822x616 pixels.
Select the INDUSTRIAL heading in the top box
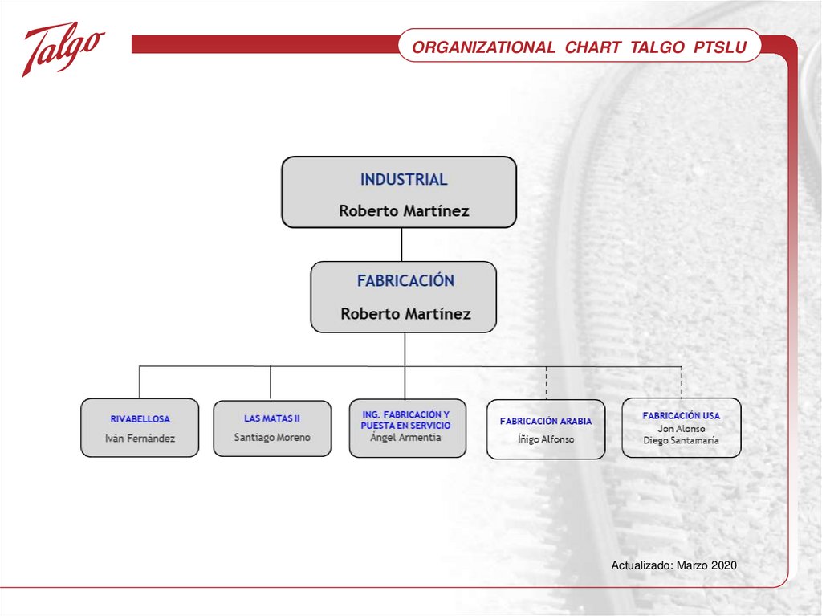(x=404, y=179)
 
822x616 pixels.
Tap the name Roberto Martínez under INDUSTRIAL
(x=404, y=211)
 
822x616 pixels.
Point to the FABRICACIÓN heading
(x=405, y=281)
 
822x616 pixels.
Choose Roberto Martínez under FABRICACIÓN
(x=405, y=313)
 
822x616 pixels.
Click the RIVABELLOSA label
(x=140, y=418)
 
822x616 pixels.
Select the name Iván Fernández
(x=140, y=439)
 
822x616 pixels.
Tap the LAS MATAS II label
(x=272, y=418)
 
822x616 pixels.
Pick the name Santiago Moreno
(x=272, y=438)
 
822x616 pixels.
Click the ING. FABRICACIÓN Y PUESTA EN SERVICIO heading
(x=406, y=419)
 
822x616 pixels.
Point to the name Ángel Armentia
(x=406, y=438)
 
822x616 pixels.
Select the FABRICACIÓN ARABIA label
(x=546, y=421)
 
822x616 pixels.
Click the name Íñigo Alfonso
(x=546, y=439)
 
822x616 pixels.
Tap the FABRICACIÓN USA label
(x=682, y=416)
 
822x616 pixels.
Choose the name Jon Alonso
(x=682, y=429)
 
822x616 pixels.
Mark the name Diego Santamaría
(x=682, y=440)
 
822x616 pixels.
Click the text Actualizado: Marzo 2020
(x=673, y=566)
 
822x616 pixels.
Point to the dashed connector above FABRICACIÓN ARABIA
(x=547, y=382)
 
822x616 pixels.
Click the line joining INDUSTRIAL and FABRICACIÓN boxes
(x=401, y=244)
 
